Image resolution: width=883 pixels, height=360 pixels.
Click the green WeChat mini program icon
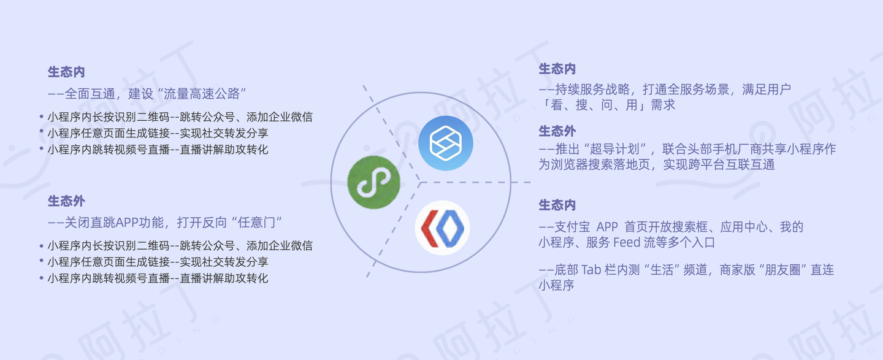pyautogui.click(x=373, y=182)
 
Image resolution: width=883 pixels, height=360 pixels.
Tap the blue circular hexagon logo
pyautogui.click(x=445, y=143)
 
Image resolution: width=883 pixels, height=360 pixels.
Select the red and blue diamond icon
pyautogui.click(x=442, y=228)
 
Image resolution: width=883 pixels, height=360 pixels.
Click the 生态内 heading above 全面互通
pyautogui.click(x=66, y=72)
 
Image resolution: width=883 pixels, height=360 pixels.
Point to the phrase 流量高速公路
pyautogui.click(x=201, y=94)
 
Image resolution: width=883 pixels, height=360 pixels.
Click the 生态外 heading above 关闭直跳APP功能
pyautogui.click(x=66, y=201)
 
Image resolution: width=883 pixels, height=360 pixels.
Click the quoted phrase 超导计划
pyautogui.click(x=614, y=149)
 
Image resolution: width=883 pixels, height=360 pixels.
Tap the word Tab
pyautogui.click(x=591, y=270)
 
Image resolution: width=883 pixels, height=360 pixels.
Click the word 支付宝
pyautogui.click(x=572, y=227)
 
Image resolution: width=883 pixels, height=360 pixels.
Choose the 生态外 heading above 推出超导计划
pyautogui.click(x=557, y=131)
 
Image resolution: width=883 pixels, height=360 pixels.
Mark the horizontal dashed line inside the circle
pyautogui.click(x=475, y=183)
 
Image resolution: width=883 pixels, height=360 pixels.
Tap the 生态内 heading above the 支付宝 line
pyautogui.click(x=557, y=205)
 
